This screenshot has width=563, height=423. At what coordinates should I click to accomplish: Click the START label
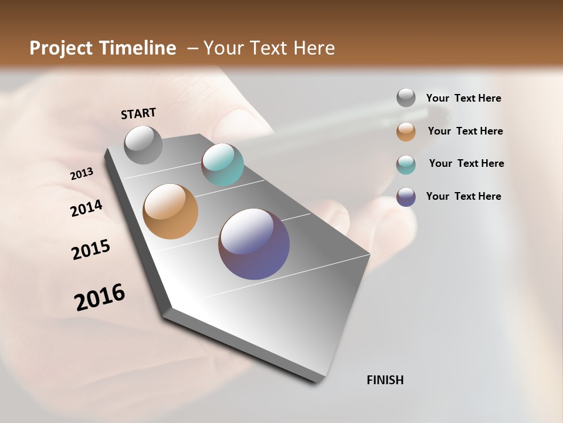(x=138, y=113)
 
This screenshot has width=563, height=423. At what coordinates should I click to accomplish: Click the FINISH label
(x=385, y=380)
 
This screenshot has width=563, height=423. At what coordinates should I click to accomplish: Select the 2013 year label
(x=82, y=173)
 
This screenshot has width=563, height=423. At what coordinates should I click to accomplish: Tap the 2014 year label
(x=87, y=208)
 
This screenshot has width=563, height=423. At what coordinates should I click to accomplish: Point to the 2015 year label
(x=91, y=249)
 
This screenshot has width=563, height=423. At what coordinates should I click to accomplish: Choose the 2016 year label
(x=100, y=297)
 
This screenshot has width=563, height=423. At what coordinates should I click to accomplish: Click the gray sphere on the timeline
(x=144, y=145)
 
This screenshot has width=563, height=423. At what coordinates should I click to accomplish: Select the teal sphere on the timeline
(x=222, y=164)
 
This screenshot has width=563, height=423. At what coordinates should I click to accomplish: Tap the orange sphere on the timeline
(x=170, y=211)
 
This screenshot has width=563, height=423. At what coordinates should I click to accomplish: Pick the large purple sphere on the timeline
(x=254, y=244)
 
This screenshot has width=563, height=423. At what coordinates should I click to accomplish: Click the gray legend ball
(x=406, y=98)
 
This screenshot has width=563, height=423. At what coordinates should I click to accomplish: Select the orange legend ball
(x=406, y=131)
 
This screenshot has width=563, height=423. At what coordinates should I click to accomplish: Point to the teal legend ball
(x=406, y=164)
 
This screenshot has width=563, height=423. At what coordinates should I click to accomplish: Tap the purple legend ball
(x=406, y=197)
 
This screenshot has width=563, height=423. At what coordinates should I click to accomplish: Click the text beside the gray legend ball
(x=463, y=98)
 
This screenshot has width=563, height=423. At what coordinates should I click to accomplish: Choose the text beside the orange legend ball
(x=465, y=131)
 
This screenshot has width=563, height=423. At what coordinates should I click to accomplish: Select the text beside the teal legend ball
(x=466, y=163)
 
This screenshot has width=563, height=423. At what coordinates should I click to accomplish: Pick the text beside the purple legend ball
(x=463, y=196)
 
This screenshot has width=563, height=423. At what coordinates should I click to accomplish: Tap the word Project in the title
(x=62, y=48)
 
